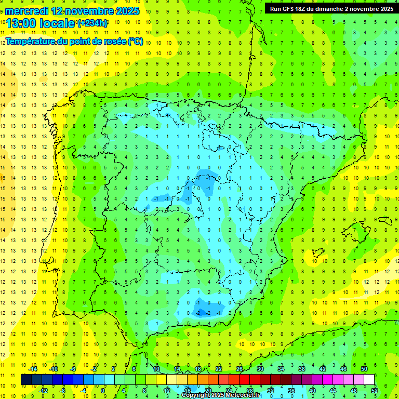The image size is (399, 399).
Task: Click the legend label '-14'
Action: point(33,369)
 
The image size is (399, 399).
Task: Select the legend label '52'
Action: point(375,391)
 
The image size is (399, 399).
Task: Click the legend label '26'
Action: point(240,369)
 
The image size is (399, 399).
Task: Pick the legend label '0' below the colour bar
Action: point(103,391)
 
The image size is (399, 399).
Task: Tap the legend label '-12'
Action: point(44,391)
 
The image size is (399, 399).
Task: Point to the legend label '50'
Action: point(364,369)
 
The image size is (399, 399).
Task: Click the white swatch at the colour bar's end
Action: point(369,380)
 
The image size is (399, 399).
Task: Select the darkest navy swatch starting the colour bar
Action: point(26,380)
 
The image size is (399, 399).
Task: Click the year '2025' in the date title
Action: point(125,11)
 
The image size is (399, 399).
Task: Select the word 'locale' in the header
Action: point(57,24)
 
